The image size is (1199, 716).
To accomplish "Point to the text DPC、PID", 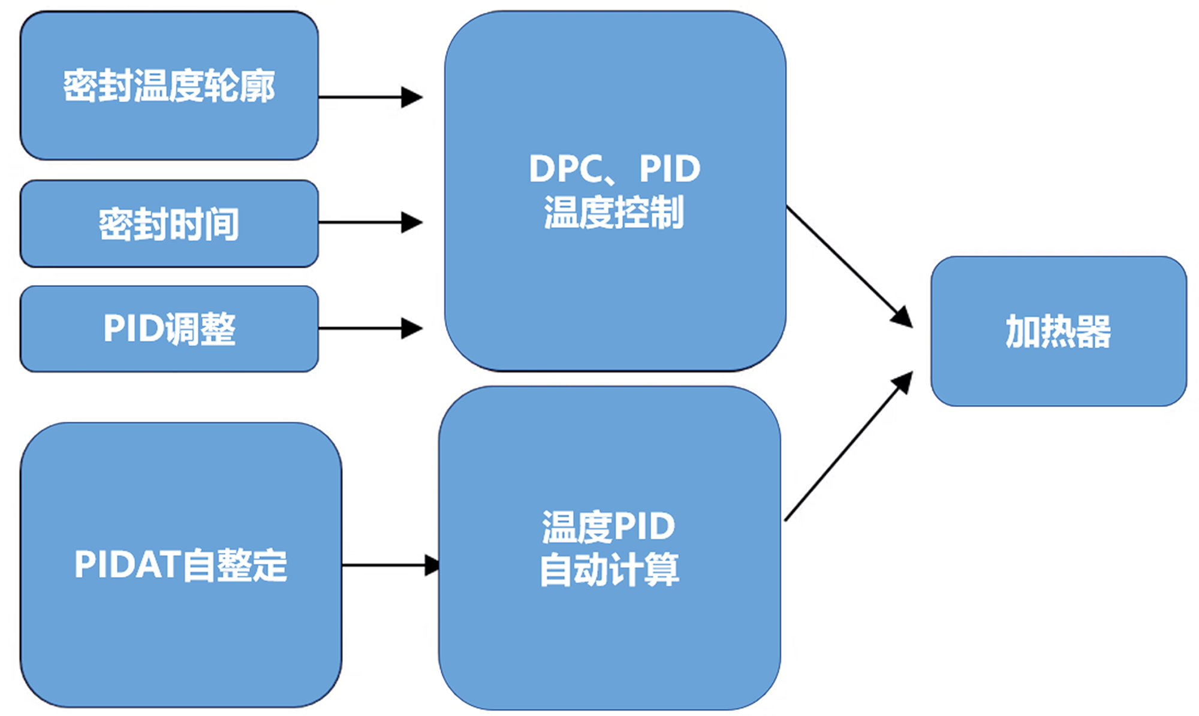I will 614,168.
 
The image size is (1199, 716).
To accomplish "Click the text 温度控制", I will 614,212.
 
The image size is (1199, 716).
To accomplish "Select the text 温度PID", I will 608,527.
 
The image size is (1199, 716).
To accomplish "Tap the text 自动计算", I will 610,569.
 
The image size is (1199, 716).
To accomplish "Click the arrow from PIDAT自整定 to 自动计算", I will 390,565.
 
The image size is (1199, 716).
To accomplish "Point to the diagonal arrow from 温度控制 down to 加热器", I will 848,266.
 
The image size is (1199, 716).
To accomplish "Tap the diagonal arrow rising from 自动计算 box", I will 848,446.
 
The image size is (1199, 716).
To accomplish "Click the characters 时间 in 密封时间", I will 204,224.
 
